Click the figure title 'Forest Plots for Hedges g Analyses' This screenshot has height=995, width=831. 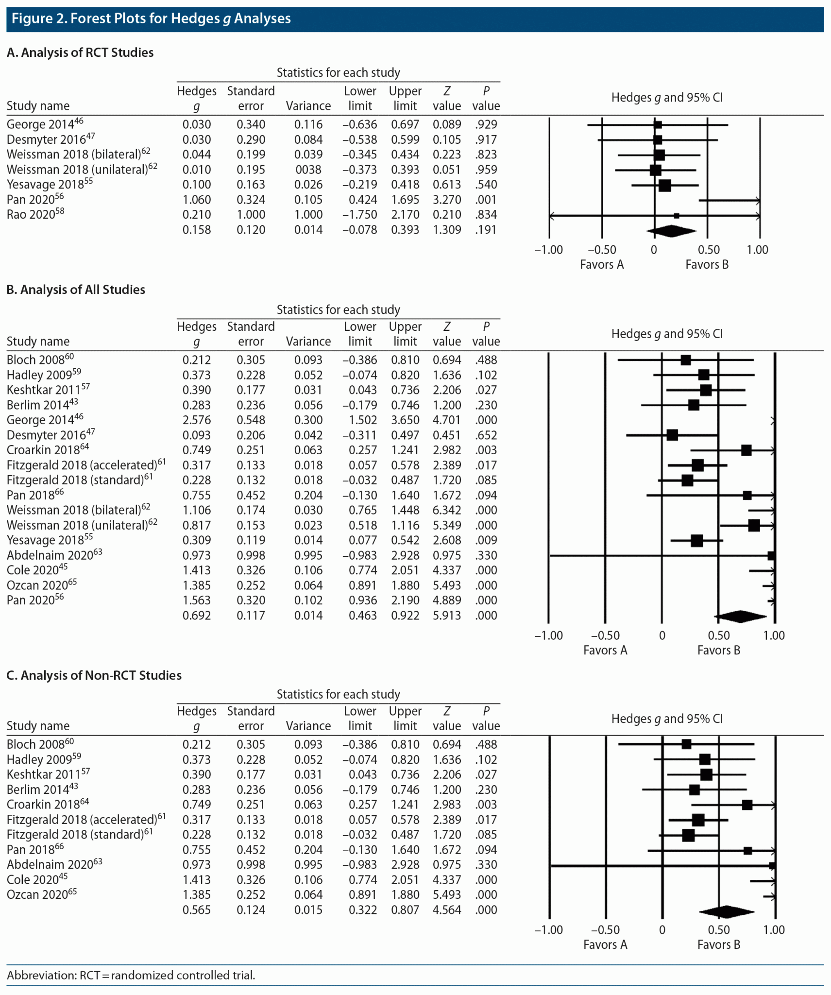tap(180, 19)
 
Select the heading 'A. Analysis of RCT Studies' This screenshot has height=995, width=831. tap(80, 52)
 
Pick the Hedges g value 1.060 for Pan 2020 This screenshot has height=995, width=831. tap(197, 200)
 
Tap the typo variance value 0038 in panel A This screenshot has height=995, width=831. tap(308, 170)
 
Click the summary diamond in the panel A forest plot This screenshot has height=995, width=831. tap(671, 231)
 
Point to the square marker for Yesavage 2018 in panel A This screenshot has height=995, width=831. tap(665, 185)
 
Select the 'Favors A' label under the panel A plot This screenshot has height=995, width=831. tap(601, 264)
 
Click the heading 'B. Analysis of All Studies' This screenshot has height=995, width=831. tap(76, 290)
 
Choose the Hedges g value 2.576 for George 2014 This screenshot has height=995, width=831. tap(197, 420)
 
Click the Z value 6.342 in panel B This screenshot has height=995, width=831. tap(447, 510)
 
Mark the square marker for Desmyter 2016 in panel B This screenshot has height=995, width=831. tap(672, 435)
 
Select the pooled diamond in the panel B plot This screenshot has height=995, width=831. tap(740, 616)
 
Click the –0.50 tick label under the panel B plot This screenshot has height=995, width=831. tap(605, 635)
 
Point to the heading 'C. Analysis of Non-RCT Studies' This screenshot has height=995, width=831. tap(94, 675)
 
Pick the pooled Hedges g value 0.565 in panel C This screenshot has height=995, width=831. tap(197, 909)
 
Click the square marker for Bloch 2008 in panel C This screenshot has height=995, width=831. tap(686, 744)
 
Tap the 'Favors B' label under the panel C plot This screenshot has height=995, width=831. tap(718, 944)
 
